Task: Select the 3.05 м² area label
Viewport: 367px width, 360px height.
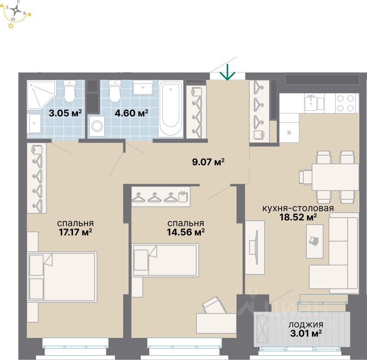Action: point(65,113)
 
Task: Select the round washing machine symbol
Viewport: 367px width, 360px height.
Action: point(97,125)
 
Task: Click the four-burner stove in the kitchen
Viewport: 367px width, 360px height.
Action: point(347,103)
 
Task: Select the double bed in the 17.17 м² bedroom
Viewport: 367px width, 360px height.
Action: point(62,276)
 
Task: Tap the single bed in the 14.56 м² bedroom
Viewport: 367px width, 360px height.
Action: point(165,260)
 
